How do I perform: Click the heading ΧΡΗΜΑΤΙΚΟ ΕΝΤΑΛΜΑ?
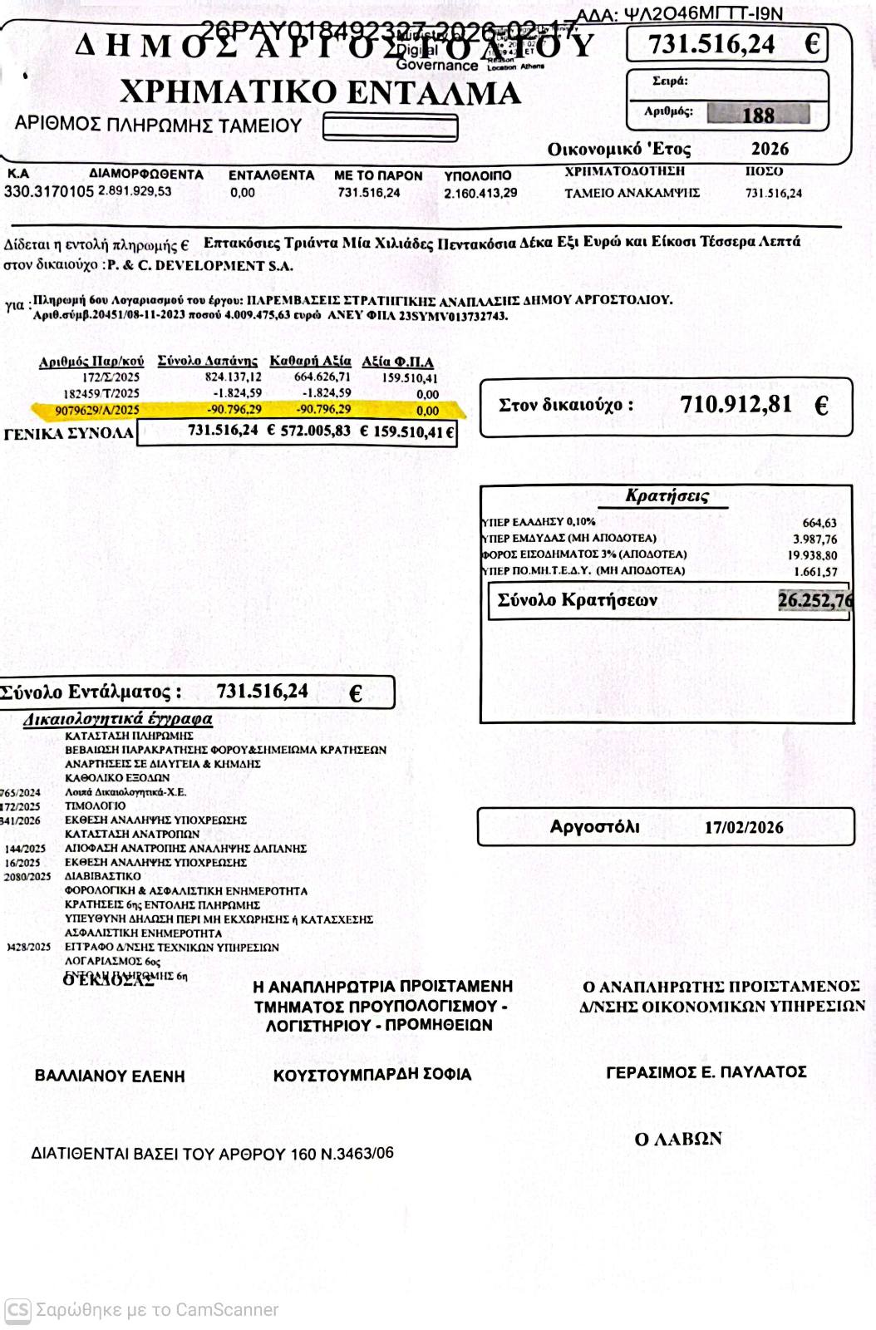point(320,92)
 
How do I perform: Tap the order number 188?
point(758,115)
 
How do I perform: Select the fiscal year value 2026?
point(770,150)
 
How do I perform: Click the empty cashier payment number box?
point(390,127)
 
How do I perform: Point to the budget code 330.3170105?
point(49,192)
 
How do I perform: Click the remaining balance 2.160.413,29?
point(480,193)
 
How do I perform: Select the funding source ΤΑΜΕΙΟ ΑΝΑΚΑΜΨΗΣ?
point(632,193)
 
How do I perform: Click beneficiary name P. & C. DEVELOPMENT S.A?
point(200,266)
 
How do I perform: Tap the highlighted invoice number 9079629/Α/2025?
point(97,410)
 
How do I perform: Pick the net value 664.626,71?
point(311,377)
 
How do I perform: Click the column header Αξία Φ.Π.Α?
point(397,362)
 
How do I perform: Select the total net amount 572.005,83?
point(315,431)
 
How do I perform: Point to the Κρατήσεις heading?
point(667,496)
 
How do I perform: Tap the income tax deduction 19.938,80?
point(814,555)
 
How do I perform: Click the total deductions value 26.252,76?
point(814,600)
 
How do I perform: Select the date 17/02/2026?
point(743,828)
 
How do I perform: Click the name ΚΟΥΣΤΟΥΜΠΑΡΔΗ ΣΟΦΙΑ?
point(372,1074)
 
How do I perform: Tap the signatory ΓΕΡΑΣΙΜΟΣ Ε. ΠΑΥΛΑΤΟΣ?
point(706,1072)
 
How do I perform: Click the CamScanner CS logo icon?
point(17,1310)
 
